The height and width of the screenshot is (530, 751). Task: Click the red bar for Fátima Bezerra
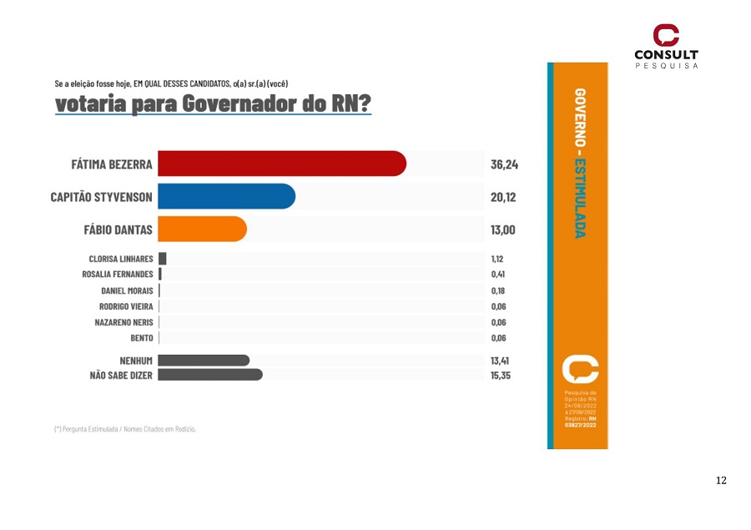(281, 164)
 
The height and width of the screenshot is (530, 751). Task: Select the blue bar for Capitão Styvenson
(226, 196)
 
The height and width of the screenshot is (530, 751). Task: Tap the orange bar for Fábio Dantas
(202, 229)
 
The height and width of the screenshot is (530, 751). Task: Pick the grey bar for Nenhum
(204, 360)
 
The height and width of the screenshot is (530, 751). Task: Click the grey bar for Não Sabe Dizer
(210, 375)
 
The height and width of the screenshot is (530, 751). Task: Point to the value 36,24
(504, 164)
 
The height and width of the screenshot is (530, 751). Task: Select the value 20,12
(504, 197)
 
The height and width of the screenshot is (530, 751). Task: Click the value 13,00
(503, 230)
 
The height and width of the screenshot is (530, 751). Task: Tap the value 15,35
(500, 376)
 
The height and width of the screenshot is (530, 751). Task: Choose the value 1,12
(497, 259)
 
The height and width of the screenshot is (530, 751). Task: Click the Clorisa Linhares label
(121, 259)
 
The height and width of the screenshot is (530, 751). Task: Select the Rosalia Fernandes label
(118, 275)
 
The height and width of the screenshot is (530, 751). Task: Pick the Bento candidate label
(141, 338)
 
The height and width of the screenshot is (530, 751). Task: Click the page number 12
(721, 480)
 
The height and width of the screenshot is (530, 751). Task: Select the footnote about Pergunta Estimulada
(125, 429)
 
